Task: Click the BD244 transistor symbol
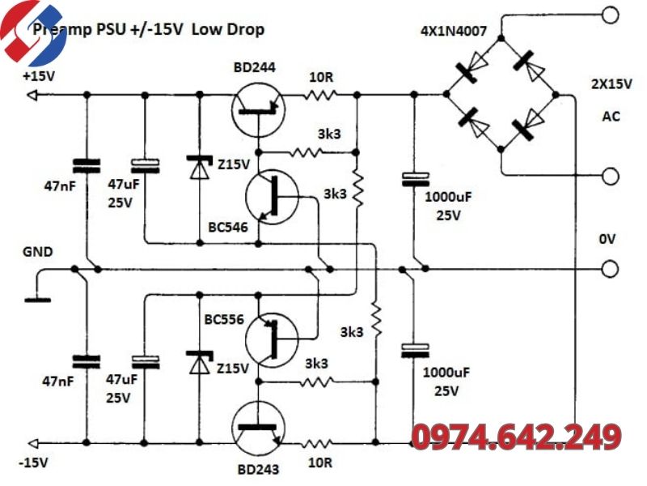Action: click(258, 110)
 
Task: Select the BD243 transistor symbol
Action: click(258, 428)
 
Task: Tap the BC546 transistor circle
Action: click(272, 197)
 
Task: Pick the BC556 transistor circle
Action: click(272, 339)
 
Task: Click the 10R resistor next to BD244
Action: click(320, 96)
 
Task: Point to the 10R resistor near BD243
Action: click(316, 444)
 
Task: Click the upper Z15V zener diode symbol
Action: click(200, 167)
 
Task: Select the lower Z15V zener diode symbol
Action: click(200, 362)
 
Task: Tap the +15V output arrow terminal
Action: click(32, 96)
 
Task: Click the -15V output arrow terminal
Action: click(32, 443)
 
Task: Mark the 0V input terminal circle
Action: click(611, 269)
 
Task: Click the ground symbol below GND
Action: click(37, 300)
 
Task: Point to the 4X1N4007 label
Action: click(454, 31)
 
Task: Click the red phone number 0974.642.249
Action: click(517, 437)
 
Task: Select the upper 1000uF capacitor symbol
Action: click(416, 180)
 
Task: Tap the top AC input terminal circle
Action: click(611, 15)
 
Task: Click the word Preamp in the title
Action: click(62, 30)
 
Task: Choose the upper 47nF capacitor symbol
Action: click(87, 166)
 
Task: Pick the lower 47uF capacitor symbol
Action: click(146, 362)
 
